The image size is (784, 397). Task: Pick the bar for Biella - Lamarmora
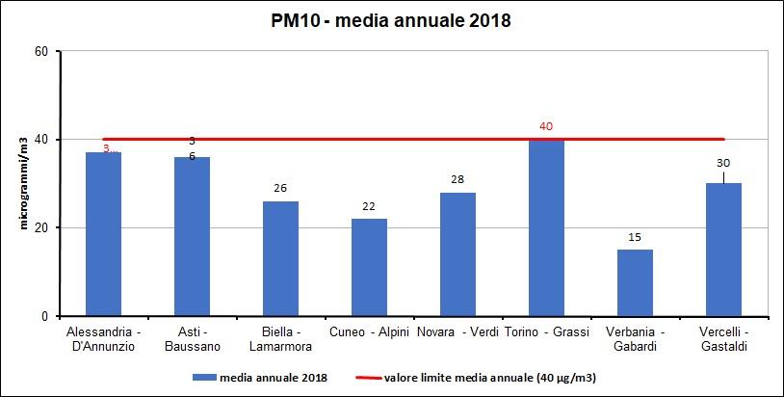[280, 258]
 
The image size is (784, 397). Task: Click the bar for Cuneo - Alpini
[369, 267]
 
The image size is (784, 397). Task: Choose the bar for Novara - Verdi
[457, 254]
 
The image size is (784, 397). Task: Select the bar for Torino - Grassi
[546, 227]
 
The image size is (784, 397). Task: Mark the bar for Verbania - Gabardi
[635, 282]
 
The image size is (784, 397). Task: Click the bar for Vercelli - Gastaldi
[723, 250]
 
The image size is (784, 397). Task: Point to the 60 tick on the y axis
[41, 51]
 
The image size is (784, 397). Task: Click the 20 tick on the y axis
[41, 228]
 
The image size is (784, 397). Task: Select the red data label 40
[546, 126]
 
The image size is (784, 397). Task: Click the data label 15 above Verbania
[635, 237]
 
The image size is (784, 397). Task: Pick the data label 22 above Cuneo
[369, 206]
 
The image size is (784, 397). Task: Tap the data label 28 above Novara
[457, 179]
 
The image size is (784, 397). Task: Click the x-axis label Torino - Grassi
[546, 332]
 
